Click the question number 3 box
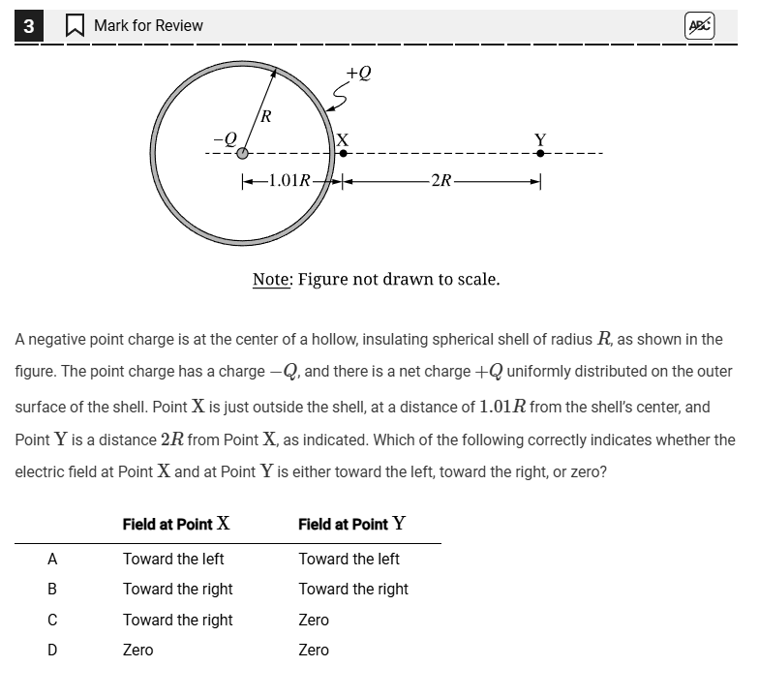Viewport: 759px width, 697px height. [x=28, y=26]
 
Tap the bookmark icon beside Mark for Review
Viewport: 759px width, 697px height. [x=75, y=26]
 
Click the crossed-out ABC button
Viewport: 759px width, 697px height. [x=698, y=26]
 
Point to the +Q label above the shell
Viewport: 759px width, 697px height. [x=358, y=73]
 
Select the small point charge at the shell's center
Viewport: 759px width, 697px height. [x=242, y=153]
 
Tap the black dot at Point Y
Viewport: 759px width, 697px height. [x=540, y=153]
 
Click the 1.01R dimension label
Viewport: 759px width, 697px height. [x=288, y=180]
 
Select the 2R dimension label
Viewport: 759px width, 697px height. [x=440, y=180]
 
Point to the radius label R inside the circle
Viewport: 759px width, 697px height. [x=266, y=117]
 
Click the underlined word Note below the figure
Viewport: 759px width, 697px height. [x=271, y=280]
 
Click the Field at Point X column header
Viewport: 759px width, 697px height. [x=176, y=524]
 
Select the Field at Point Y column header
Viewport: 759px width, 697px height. [x=351, y=524]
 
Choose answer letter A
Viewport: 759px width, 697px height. [x=52, y=559]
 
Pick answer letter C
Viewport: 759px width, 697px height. [x=52, y=620]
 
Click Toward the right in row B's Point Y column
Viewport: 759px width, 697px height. [x=353, y=589]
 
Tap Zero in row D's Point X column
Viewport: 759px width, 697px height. [x=137, y=650]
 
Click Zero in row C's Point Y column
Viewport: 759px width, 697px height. [x=314, y=620]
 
